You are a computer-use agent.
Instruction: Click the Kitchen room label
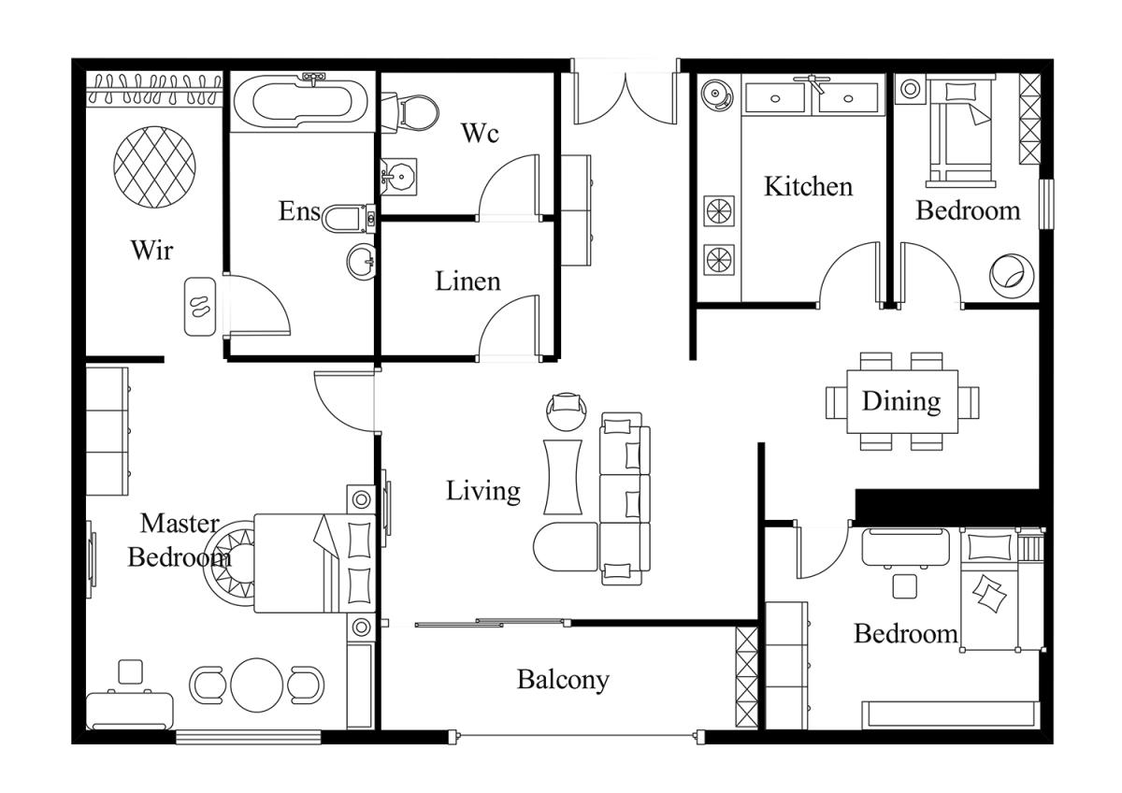click(x=808, y=186)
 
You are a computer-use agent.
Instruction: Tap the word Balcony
click(x=563, y=680)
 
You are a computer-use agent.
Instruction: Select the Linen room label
click(x=467, y=281)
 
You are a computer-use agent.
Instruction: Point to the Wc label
click(x=481, y=133)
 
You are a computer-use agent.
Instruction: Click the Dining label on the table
click(x=901, y=402)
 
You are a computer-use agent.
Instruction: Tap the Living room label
click(x=483, y=491)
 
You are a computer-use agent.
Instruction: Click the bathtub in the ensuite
click(x=303, y=102)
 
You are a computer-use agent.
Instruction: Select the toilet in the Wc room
click(x=410, y=113)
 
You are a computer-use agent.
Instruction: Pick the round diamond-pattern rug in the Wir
click(x=154, y=166)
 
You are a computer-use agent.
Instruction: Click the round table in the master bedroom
click(x=257, y=685)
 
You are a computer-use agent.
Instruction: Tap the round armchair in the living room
click(x=566, y=411)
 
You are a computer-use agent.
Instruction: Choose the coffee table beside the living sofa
click(x=563, y=477)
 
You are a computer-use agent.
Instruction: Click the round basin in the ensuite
click(x=361, y=262)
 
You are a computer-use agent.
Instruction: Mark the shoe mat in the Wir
click(x=200, y=307)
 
